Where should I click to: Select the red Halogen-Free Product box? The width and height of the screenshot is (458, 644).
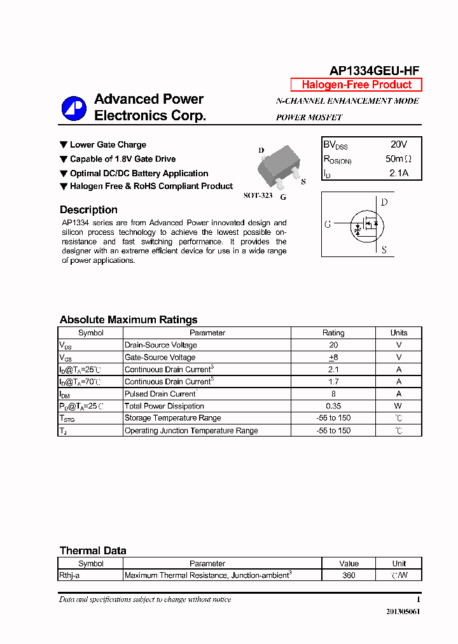point(356,85)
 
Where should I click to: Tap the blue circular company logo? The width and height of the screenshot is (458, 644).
point(74,108)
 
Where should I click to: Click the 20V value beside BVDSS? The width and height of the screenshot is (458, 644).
point(399,144)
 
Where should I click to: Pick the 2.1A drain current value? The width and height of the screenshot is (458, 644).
point(399,173)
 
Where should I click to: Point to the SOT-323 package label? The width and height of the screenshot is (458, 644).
point(258,195)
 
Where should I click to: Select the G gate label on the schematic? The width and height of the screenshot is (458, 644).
point(328,224)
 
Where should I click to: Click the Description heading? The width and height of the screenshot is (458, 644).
point(88,210)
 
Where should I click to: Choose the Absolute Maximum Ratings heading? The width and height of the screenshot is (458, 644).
point(128,320)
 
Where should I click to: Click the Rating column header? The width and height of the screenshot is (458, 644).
point(333,333)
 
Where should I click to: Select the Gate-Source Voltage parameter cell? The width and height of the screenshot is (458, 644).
point(160,358)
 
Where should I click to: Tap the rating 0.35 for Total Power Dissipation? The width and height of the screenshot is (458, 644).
point(333,406)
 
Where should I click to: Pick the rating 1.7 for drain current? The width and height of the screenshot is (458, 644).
point(333,382)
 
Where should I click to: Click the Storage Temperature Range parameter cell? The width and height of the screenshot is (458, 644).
point(173,418)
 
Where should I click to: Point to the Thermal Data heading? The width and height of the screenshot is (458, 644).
point(93,550)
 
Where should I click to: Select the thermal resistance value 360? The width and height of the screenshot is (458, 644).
point(349,575)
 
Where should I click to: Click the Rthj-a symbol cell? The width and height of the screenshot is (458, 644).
point(69,575)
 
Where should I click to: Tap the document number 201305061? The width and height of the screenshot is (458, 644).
point(403,612)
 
